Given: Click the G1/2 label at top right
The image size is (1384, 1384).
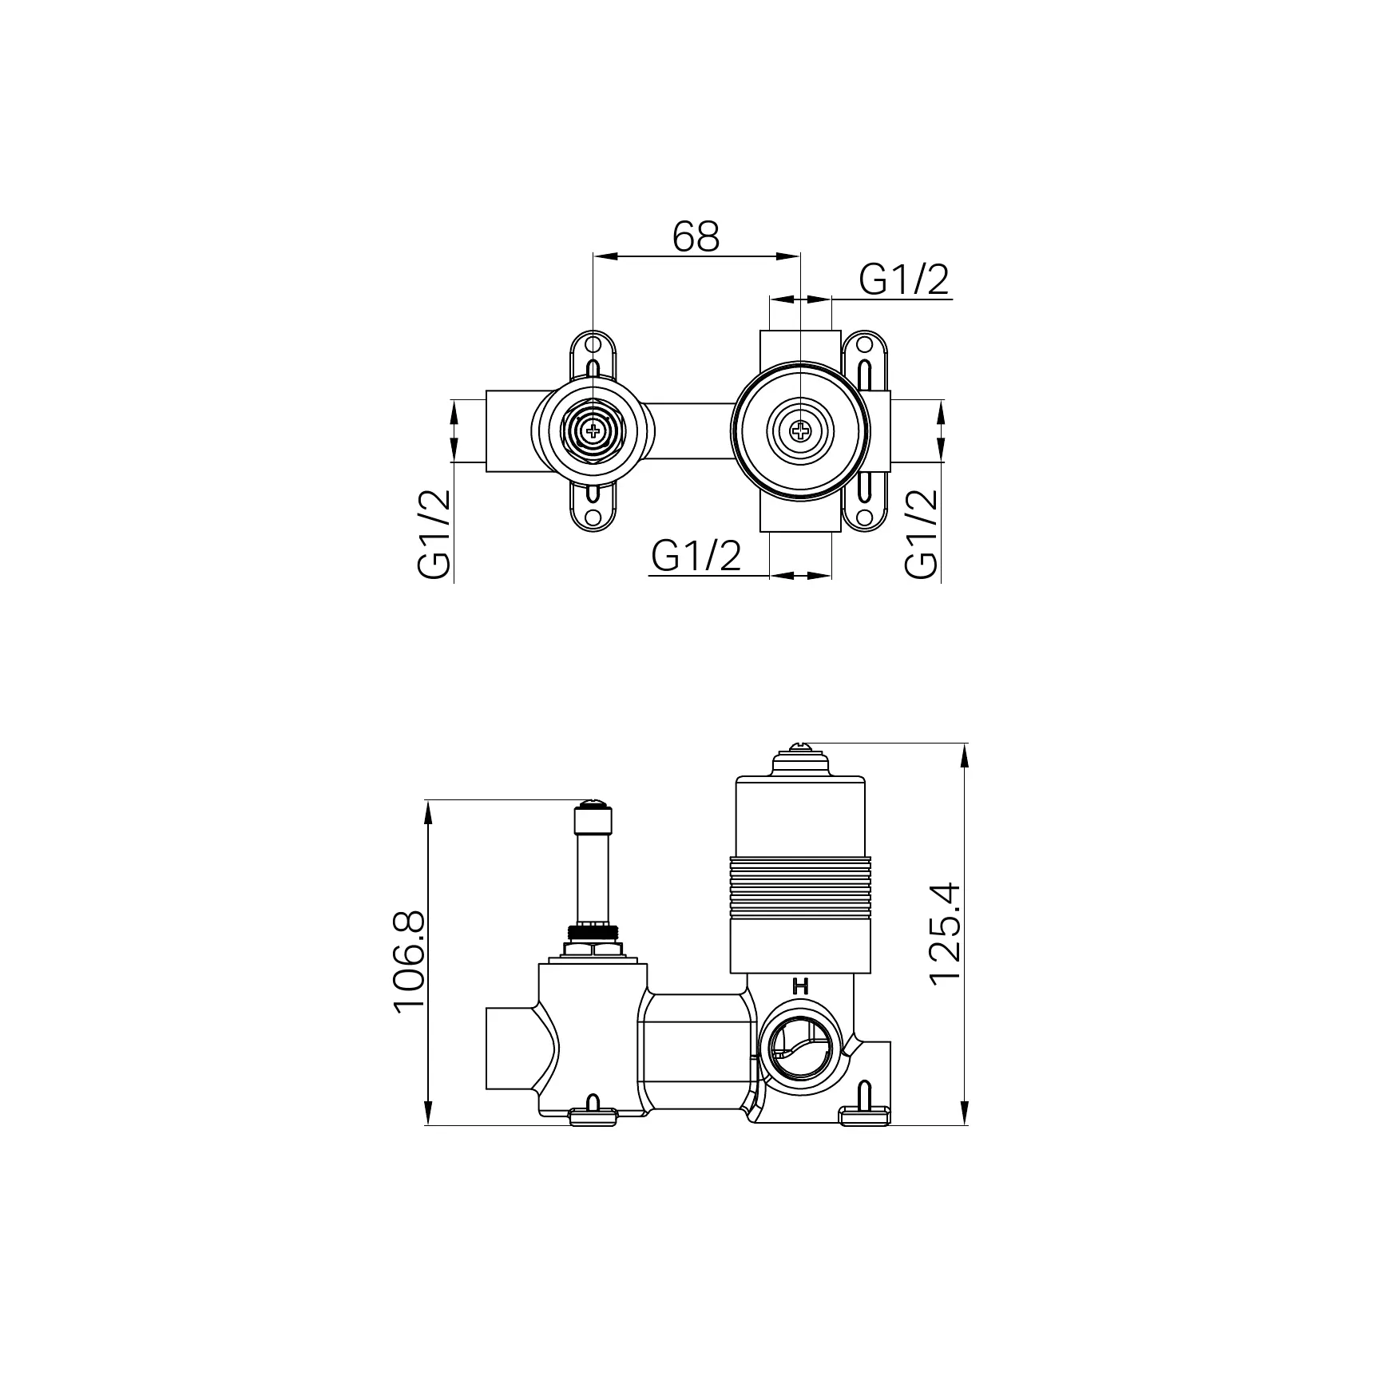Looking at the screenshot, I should [x=904, y=280].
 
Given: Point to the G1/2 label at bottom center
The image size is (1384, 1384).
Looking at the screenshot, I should [x=696, y=556].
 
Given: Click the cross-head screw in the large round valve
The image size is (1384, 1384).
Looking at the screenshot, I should [x=800, y=432].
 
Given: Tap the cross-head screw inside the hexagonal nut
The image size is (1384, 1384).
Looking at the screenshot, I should [x=593, y=432].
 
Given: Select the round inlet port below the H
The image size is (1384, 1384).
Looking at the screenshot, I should [x=799, y=1048].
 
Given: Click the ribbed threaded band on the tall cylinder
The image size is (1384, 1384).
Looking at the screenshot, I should [x=799, y=886].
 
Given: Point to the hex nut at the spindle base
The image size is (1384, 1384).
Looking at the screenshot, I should [x=592, y=950].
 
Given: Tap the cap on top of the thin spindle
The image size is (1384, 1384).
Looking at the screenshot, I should [x=593, y=820].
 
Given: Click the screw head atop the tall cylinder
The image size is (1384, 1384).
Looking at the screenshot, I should [x=800, y=748].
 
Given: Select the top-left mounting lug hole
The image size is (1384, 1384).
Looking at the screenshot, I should [x=593, y=344].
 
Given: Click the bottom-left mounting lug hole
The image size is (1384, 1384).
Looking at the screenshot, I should [x=593, y=517].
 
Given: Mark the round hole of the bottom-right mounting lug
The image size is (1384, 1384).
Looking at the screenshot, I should [x=864, y=517].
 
